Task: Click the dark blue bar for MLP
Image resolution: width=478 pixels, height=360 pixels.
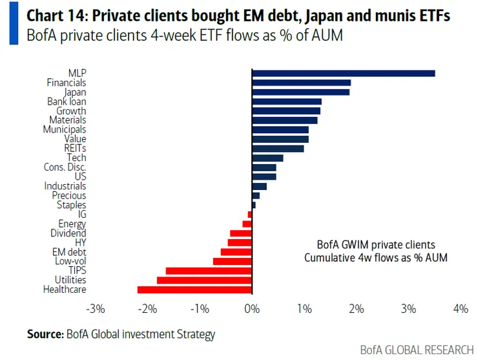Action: [343, 73]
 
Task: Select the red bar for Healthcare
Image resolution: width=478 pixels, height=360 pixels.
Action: [194, 290]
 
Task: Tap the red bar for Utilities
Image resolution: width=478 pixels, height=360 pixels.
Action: [204, 280]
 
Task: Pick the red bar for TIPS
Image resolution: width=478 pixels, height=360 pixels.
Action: [209, 271]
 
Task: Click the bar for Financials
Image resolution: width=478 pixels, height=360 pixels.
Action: [301, 83]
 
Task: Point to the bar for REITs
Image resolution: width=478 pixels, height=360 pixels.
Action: [278, 148]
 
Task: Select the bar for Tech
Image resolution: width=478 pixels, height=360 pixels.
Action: [267, 158]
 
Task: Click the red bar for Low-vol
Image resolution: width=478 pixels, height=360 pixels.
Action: [233, 261]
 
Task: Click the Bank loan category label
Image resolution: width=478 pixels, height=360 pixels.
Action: [67, 101]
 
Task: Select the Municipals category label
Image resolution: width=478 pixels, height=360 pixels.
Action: [65, 129]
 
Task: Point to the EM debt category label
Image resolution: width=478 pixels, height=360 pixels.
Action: [68, 251]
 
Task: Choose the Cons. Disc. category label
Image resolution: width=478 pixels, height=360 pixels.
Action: [65, 167]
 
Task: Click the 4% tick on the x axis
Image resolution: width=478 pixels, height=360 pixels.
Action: [460, 309]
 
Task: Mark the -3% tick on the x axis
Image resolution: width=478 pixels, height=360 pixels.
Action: [96, 309]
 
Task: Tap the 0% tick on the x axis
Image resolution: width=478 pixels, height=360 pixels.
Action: [252, 309]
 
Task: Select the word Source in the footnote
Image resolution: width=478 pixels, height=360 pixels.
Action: [44, 334]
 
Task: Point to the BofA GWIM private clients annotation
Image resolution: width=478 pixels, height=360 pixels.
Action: [376, 245]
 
